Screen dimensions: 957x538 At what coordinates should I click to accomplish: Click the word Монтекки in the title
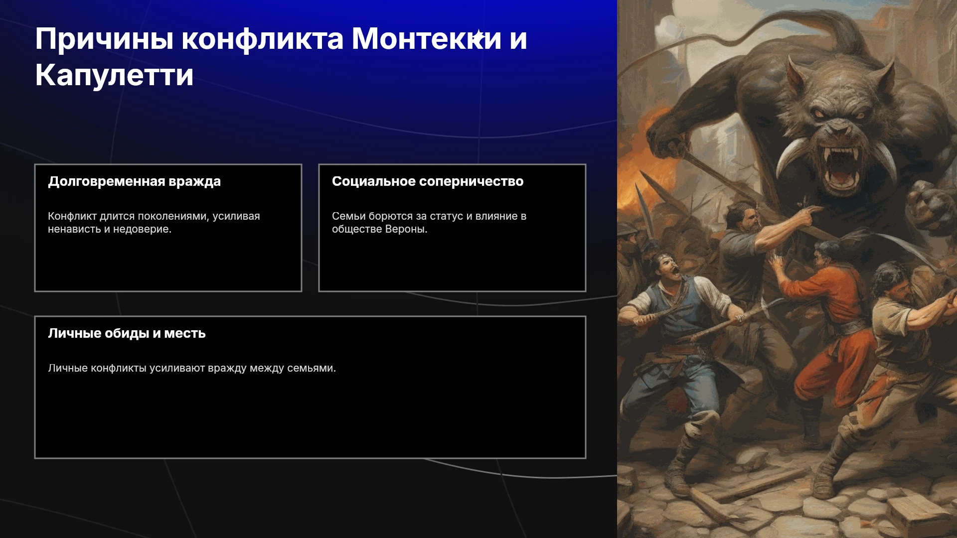[x=427, y=39]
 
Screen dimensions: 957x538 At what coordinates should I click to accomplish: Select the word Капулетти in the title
[x=114, y=75]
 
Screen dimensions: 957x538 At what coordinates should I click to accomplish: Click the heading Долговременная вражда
[x=134, y=182]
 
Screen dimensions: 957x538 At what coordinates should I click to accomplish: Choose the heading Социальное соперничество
[x=428, y=181]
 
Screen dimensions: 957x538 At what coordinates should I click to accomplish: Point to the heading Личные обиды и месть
[x=127, y=333]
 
